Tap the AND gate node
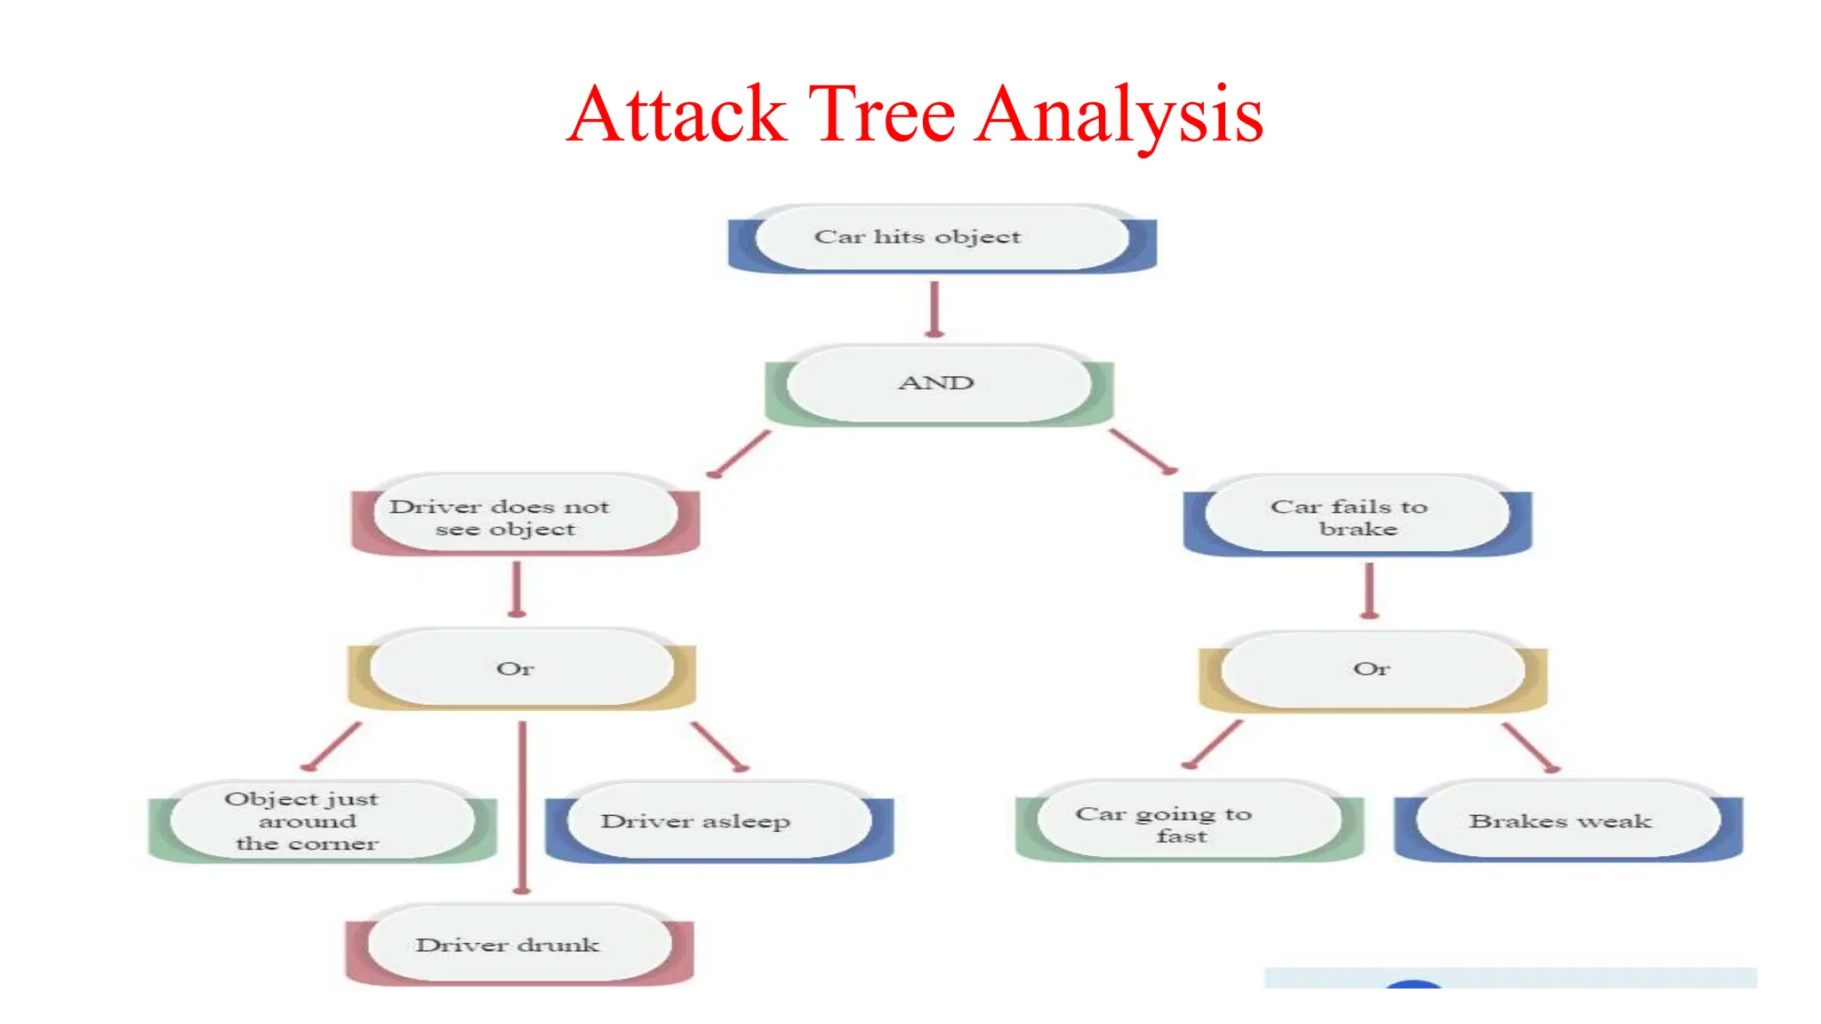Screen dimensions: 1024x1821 coord(937,383)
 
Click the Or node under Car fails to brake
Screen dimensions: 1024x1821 coord(1372,669)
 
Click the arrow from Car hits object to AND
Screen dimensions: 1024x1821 coord(934,309)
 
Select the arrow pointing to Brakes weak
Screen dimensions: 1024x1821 coord(1529,747)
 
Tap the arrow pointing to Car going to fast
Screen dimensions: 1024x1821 coord(1213,744)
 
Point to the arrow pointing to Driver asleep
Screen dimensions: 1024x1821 coord(719,746)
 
